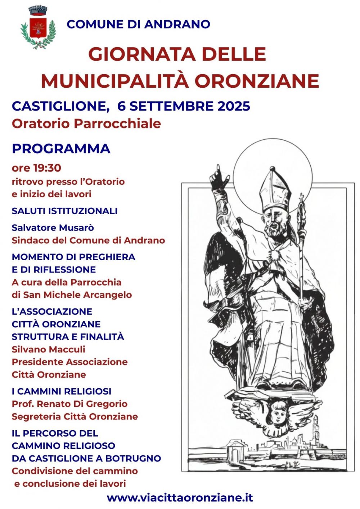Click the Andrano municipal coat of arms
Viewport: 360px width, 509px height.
38,28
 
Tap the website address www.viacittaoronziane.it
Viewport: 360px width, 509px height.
180,497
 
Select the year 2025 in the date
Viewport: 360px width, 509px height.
234,106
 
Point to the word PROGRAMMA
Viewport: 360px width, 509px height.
61,149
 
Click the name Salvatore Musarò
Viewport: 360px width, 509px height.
53,228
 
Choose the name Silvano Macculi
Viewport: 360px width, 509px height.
48,349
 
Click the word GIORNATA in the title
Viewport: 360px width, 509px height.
142,54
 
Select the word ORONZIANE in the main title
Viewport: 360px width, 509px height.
257,81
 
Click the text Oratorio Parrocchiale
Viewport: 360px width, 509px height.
86,123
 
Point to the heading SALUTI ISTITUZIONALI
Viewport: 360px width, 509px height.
64,211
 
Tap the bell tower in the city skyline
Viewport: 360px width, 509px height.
316,430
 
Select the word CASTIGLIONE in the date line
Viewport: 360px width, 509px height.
59,106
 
